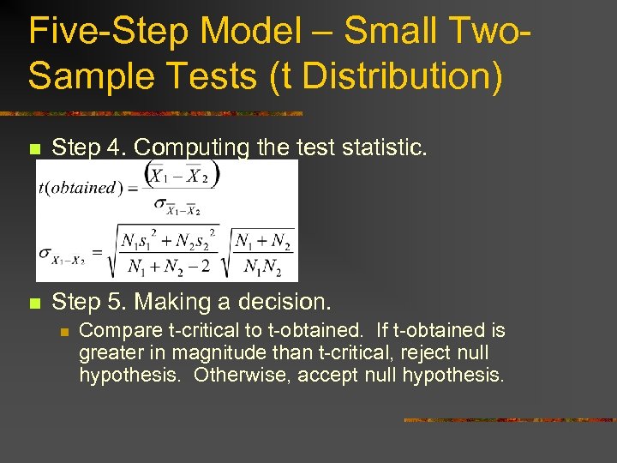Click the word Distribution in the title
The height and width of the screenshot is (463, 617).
pyautogui.click(x=399, y=75)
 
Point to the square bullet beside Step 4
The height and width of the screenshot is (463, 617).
pyautogui.click(x=34, y=150)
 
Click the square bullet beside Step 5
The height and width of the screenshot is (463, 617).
pyautogui.click(x=34, y=303)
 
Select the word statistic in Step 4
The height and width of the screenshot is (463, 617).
pyautogui.click(x=378, y=148)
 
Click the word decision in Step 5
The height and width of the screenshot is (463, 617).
pyautogui.click(x=286, y=302)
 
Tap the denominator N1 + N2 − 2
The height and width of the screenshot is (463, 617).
pyautogui.click(x=169, y=267)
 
